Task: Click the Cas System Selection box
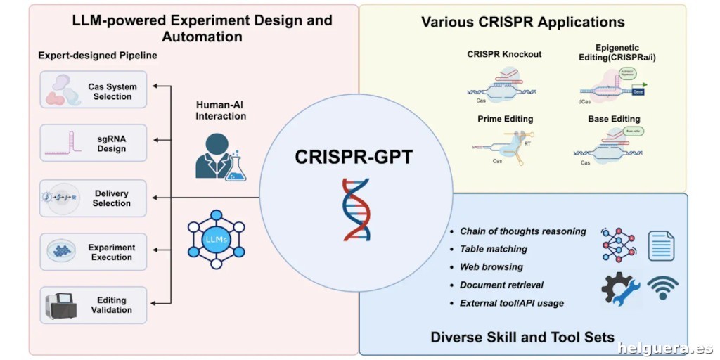point(94,89)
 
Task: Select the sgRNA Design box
point(94,143)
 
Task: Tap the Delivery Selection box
point(94,198)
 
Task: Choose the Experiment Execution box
point(94,252)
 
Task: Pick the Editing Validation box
point(94,304)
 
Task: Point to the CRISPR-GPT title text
point(354,156)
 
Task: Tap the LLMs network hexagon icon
point(217,239)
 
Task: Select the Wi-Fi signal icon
point(662,288)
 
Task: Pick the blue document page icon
point(661,245)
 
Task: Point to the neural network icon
point(618,244)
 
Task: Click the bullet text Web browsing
point(491,267)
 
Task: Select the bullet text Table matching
point(493,249)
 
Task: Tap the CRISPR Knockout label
point(504,55)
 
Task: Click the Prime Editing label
point(505,120)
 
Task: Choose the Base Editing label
point(614,120)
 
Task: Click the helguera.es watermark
point(665,348)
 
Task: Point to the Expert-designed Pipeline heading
point(98,55)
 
